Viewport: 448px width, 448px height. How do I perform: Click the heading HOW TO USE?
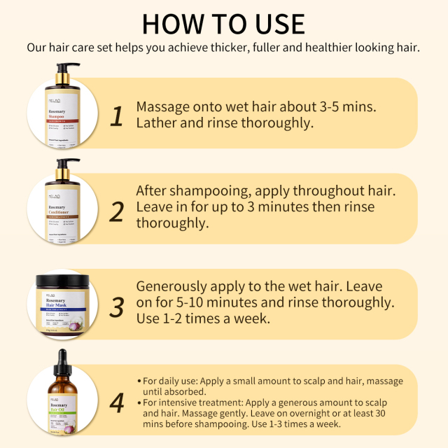224,23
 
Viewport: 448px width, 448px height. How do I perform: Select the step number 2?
116,210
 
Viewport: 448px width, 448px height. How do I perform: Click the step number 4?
117,402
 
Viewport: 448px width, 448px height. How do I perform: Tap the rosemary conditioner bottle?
64,203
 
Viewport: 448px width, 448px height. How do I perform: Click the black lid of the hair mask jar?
64,283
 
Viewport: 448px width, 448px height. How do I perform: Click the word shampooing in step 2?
206,190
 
